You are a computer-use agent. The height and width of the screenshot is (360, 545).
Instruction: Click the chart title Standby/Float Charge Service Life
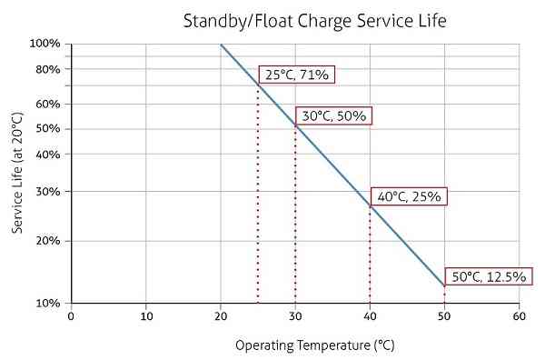(314, 19)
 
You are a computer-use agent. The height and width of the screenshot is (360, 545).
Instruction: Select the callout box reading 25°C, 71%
(297, 75)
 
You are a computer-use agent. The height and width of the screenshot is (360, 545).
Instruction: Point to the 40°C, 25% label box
(409, 195)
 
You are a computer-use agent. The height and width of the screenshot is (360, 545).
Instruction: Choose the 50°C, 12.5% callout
(486, 275)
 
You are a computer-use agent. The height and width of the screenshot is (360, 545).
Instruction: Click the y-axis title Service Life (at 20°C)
(17, 172)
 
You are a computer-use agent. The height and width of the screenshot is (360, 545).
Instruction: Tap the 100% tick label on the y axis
(45, 44)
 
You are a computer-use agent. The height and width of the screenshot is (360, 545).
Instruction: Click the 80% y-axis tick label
(47, 69)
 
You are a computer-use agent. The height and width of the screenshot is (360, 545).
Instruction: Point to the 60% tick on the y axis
(47, 104)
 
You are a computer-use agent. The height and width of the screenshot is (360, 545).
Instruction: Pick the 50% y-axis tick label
(47, 129)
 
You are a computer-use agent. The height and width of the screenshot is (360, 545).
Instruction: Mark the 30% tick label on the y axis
(47, 191)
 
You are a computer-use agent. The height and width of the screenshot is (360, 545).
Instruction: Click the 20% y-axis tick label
(47, 241)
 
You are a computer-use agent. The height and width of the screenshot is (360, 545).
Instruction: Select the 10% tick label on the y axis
(47, 303)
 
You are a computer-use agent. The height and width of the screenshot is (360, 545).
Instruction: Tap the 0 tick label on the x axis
(71, 316)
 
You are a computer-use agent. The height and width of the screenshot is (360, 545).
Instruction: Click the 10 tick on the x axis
(145, 316)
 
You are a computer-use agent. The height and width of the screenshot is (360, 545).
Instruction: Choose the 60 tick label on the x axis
(519, 316)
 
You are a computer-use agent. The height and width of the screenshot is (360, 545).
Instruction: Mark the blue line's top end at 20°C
(221, 44)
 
